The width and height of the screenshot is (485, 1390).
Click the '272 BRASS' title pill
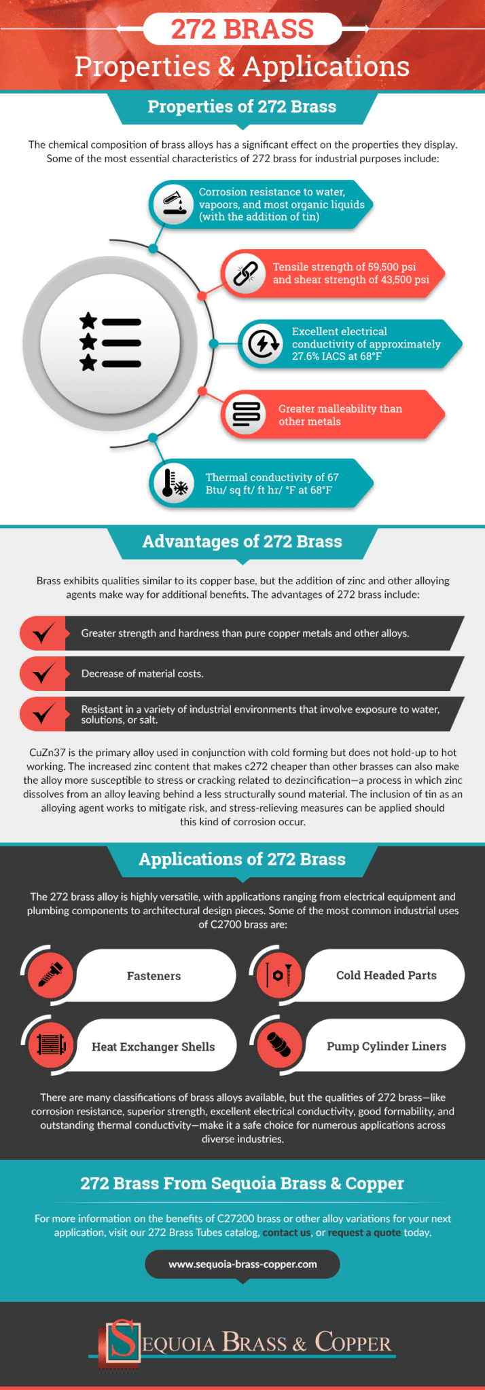click(x=242, y=29)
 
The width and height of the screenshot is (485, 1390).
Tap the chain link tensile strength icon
click(x=245, y=274)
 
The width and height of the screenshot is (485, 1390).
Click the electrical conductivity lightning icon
click(x=263, y=343)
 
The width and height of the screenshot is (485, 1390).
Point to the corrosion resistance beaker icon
click(x=173, y=204)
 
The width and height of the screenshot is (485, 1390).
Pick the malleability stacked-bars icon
click(x=246, y=414)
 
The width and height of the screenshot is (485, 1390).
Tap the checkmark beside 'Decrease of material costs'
click(x=43, y=673)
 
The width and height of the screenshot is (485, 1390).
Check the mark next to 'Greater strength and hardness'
click(x=43, y=633)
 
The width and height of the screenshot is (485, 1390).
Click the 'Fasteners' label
click(x=154, y=976)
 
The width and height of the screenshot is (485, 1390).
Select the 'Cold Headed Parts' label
click(x=386, y=975)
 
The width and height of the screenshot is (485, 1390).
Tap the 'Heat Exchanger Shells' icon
click(x=50, y=1045)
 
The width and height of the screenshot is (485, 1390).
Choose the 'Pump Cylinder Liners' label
click(x=386, y=1046)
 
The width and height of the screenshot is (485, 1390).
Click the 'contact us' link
click(x=286, y=1233)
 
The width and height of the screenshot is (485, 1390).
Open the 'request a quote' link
click(x=364, y=1233)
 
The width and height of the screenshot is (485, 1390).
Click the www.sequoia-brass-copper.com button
click(x=242, y=1264)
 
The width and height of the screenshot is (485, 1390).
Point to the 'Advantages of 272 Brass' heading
click(x=242, y=542)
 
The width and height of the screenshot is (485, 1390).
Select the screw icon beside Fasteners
click(x=50, y=975)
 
